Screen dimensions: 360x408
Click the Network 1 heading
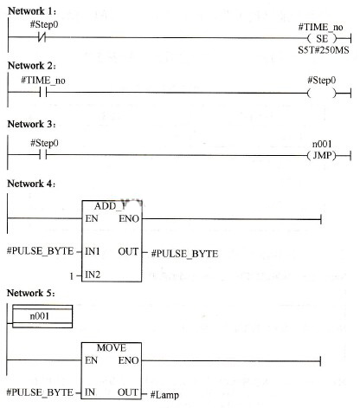pos(32,11)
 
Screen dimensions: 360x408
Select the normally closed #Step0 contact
pos(42,37)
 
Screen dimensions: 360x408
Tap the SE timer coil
pos(322,38)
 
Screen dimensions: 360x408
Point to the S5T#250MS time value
pos(324,50)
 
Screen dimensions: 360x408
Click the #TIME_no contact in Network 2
pos(43,93)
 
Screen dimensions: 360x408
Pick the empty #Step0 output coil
pos(322,94)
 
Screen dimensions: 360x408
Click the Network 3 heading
pos(31,124)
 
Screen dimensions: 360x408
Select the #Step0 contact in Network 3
pos(43,155)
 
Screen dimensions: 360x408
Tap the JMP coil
pos(322,156)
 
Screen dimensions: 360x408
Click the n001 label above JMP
pos(322,144)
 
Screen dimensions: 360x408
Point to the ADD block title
pos(111,206)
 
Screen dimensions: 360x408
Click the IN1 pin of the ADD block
pos(93,251)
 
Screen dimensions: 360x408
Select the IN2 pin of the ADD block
pos(93,275)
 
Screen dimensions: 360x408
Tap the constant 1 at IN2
pos(71,276)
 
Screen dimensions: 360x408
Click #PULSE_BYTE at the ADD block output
pos(184,254)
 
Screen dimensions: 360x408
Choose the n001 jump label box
pos(42,316)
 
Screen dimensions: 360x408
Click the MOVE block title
pos(112,347)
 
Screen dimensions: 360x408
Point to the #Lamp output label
pos(164,395)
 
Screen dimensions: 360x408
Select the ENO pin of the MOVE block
pos(128,360)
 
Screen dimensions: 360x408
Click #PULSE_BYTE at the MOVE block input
pos(40,392)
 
